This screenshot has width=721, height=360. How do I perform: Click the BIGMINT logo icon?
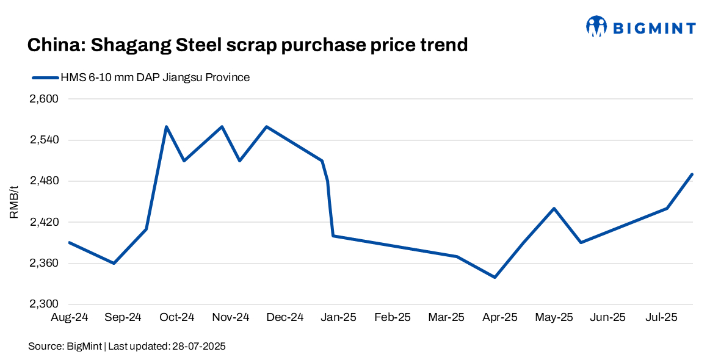(596, 26)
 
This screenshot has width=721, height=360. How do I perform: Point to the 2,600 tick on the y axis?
(43, 99)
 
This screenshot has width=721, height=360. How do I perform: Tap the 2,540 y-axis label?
(43, 140)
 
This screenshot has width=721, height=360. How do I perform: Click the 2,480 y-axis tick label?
(43, 181)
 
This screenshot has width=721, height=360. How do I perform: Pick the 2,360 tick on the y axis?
(43, 264)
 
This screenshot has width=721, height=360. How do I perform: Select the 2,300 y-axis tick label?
(43, 304)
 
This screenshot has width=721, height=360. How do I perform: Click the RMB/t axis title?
(15, 201)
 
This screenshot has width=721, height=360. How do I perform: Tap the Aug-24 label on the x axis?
(69, 317)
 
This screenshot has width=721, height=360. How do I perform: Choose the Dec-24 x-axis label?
(285, 317)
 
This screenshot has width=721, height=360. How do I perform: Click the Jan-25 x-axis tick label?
(339, 317)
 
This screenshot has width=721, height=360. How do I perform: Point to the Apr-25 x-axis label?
(500, 317)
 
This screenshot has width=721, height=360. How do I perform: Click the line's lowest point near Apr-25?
(495, 278)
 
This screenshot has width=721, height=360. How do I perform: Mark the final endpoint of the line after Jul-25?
(692, 175)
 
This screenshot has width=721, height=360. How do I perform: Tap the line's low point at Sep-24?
(114, 264)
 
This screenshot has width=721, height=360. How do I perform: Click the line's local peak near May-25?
(554, 209)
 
